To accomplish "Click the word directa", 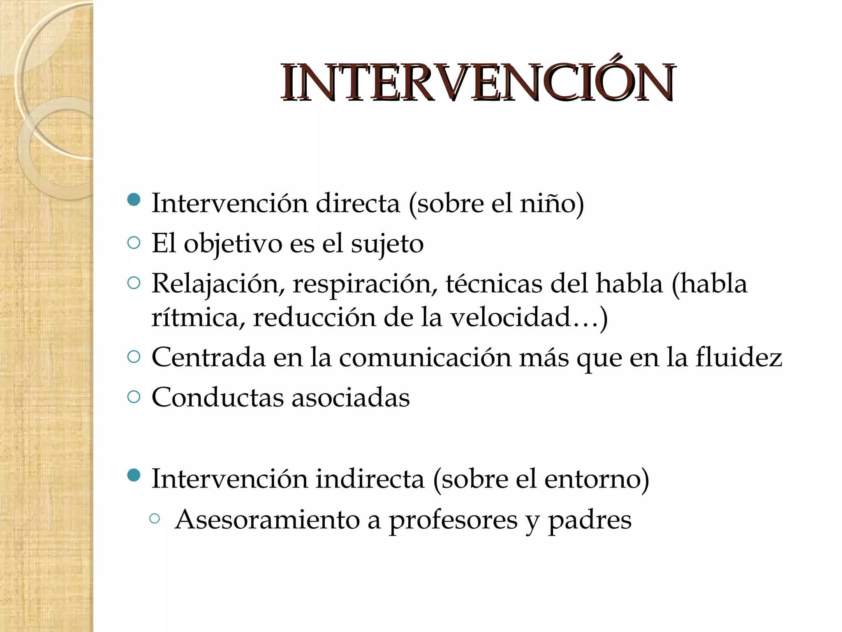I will tap(358, 203).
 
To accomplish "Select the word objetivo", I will tap(233, 244).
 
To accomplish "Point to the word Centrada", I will tap(208, 357).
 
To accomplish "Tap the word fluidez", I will tap(738, 357).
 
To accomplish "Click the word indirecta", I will tap(370, 479).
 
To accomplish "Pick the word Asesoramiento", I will tap(267, 519).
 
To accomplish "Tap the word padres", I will tap(590, 520).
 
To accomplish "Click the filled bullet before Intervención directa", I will tap(134, 200).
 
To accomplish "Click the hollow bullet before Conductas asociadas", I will tap(134, 397).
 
